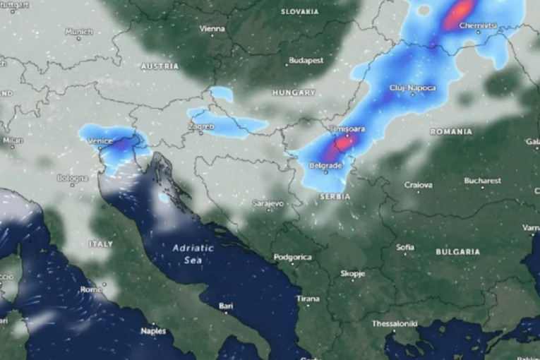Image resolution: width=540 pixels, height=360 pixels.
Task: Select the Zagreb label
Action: click(x=201, y=127)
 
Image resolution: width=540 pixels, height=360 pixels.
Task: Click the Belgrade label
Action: click(x=325, y=166)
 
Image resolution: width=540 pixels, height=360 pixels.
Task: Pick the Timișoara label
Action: click(x=347, y=130)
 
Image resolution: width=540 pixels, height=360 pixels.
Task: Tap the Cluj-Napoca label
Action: click(x=412, y=88)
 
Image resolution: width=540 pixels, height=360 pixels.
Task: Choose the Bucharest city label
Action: click(x=482, y=181)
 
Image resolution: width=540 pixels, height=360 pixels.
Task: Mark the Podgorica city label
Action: click(x=292, y=258)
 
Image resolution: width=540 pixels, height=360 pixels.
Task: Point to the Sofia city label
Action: click(x=405, y=247)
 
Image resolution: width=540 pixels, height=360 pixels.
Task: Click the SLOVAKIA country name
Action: click(x=300, y=12)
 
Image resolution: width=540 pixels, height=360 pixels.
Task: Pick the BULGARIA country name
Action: click(x=457, y=252)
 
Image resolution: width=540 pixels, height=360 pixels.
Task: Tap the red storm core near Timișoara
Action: click(x=344, y=143)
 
